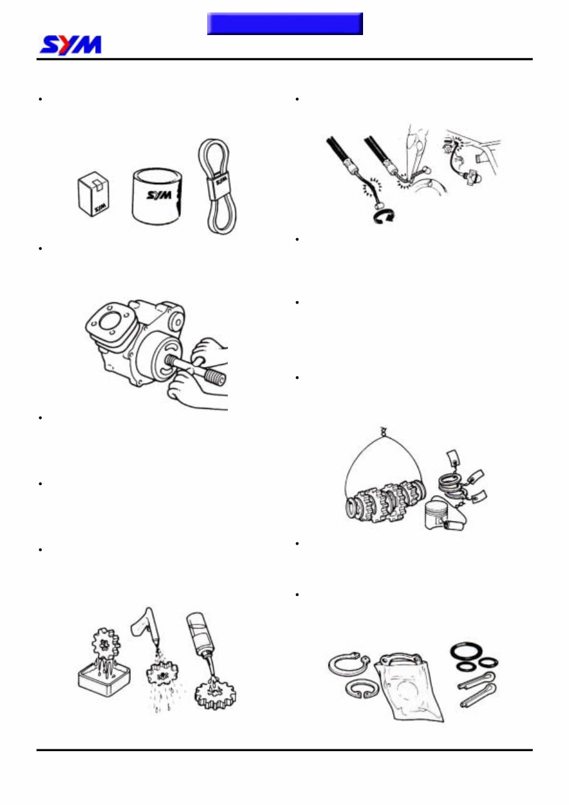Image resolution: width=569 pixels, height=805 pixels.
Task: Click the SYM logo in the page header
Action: tap(70, 45)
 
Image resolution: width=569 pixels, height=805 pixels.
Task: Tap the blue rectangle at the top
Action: tap(285, 24)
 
